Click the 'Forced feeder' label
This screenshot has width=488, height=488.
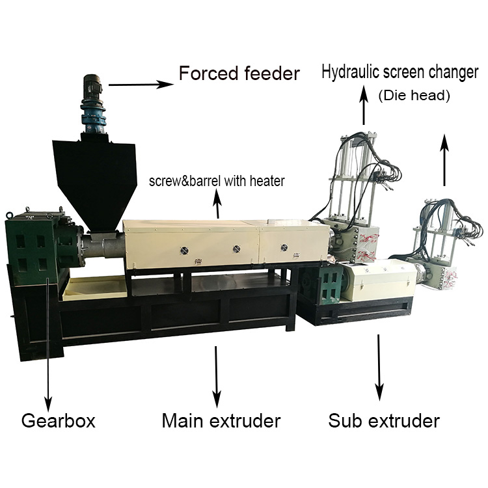point(239,73)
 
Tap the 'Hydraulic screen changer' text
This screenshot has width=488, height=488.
point(400,72)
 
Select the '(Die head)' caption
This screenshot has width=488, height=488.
point(414,96)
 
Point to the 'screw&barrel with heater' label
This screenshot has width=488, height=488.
point(217,181)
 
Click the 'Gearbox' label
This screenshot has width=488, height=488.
point(59,420)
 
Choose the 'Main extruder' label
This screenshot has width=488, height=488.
point(221,420)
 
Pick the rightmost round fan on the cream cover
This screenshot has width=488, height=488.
point(283,248)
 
